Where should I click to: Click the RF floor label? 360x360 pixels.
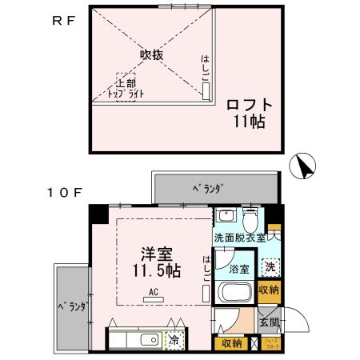[x=64, y=22]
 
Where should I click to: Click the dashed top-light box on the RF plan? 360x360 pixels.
[x=126, y=87]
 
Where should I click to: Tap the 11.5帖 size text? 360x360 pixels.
[x=156, y=270]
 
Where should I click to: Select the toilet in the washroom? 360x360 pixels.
[x=250, y=218]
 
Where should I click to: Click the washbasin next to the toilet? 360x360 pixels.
[x=226, y=215]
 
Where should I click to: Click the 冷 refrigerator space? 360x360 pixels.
[x=174, y=340]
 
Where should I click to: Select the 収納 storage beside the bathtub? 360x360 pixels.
[x=269, y=290]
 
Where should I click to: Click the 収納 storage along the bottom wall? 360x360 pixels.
[x=231, y=342]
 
